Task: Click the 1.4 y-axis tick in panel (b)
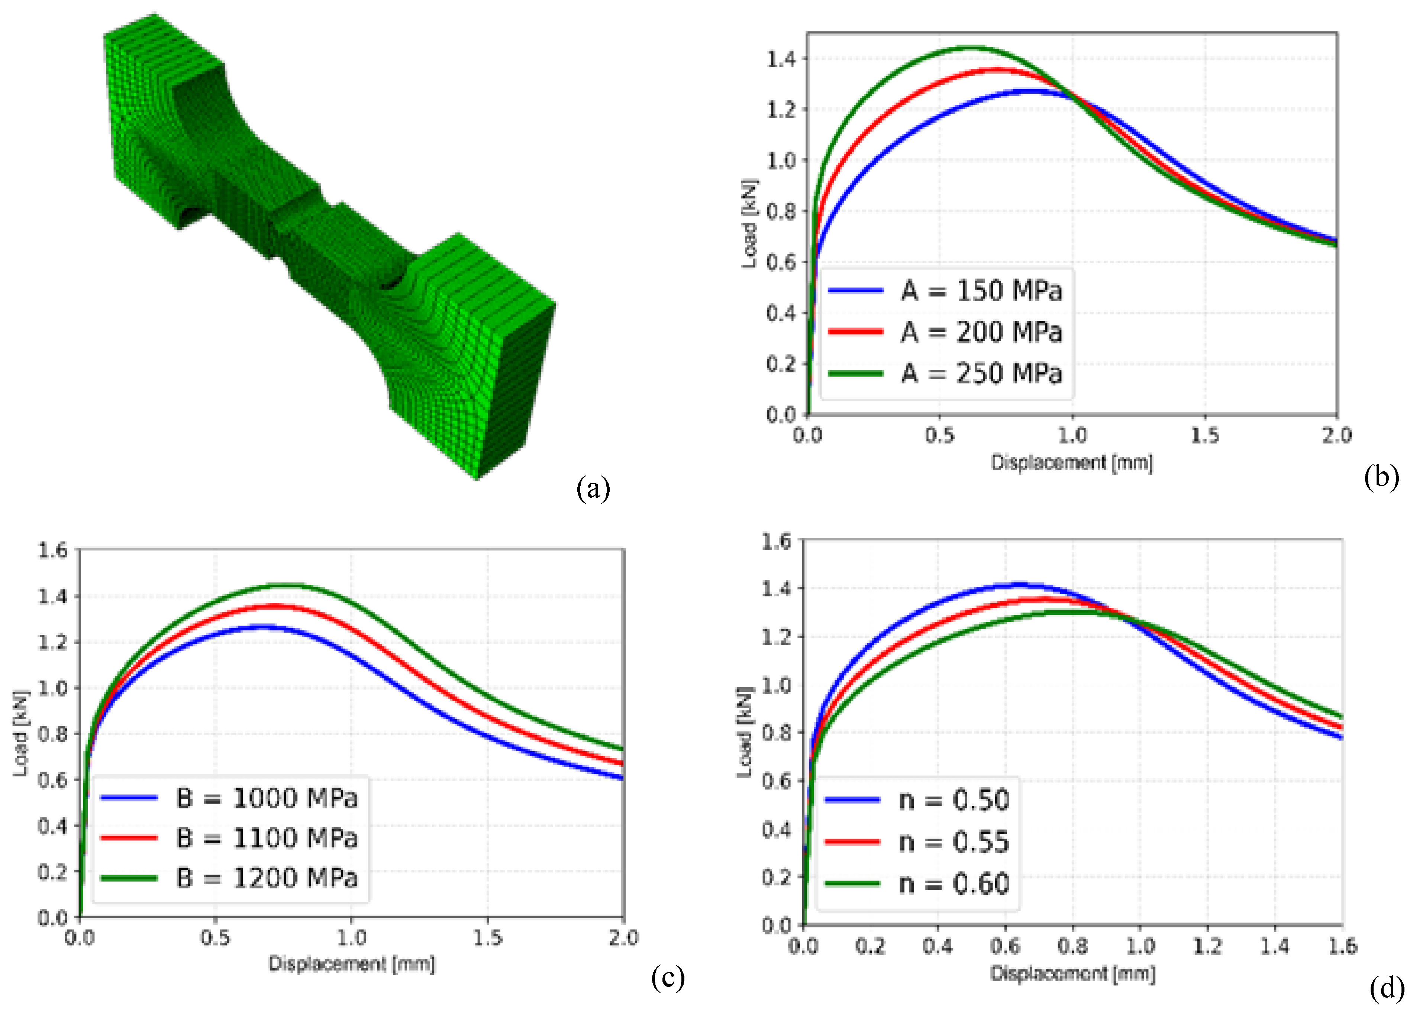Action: click(781, 59)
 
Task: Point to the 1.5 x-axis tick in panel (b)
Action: click(1204, 435)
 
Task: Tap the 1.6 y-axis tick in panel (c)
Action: click(52, 550)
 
